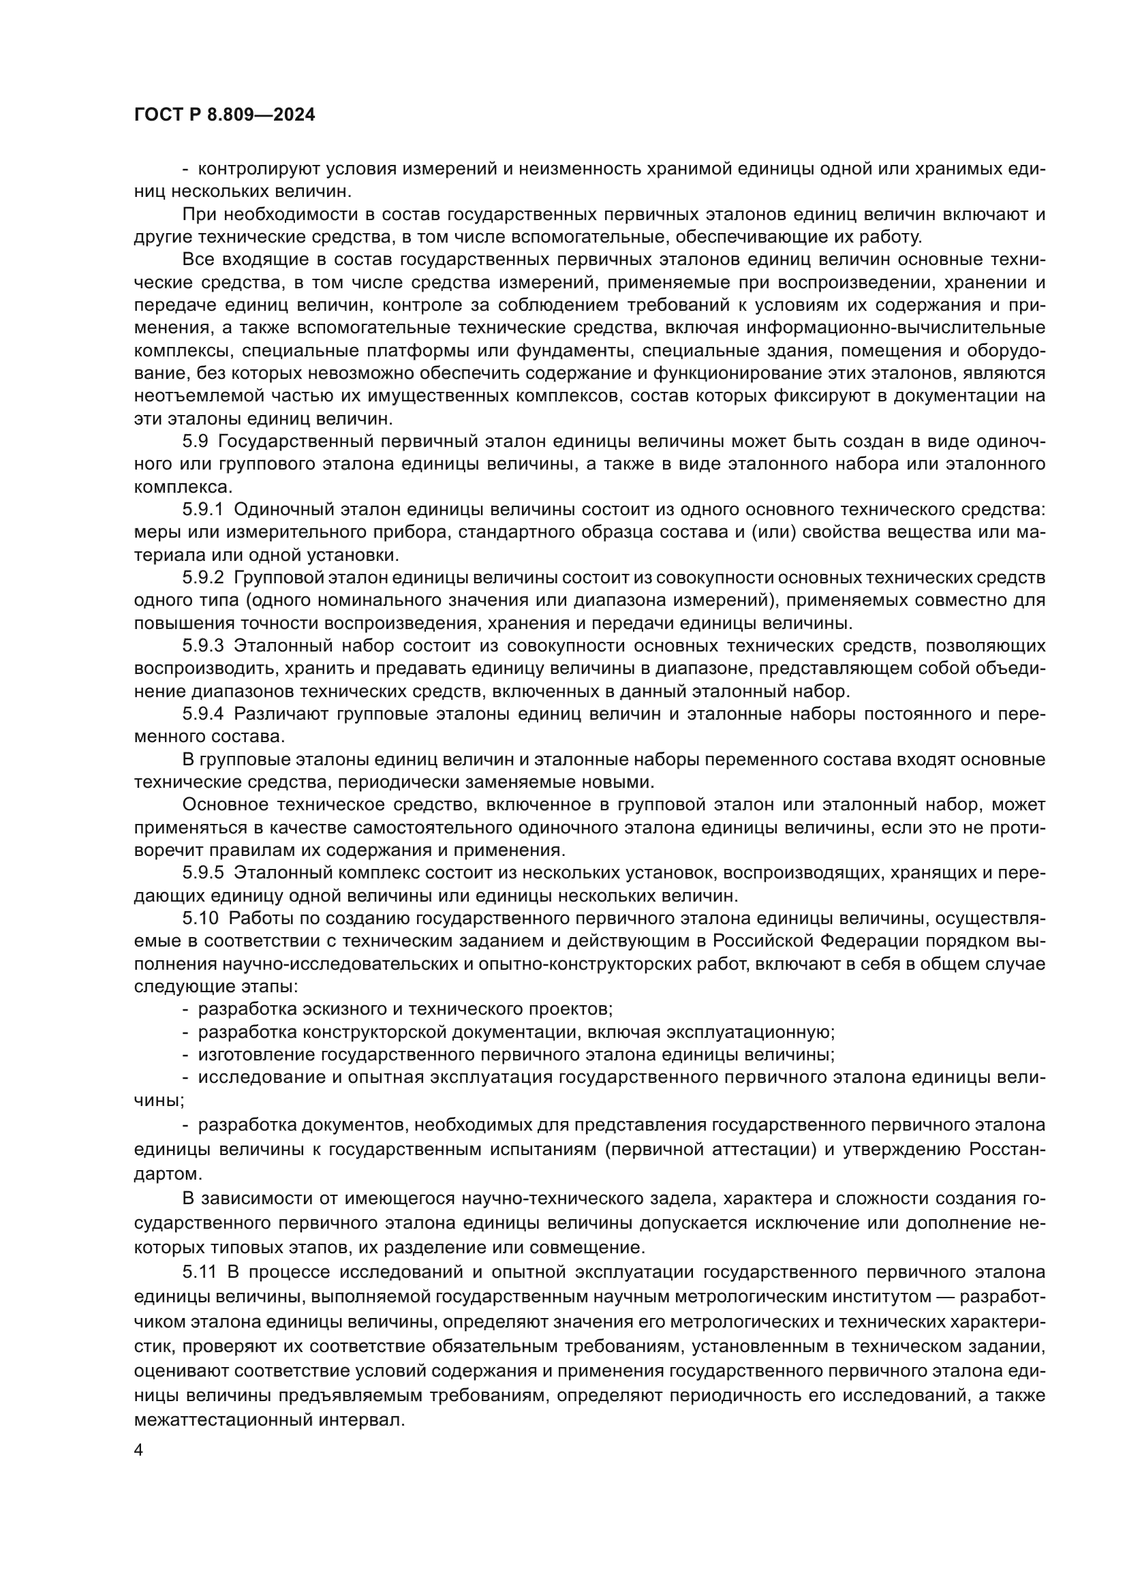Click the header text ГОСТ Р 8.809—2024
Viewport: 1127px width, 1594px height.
(224, 115)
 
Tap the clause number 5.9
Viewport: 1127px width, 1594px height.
(195, 442)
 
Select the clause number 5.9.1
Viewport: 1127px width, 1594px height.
(202, 510)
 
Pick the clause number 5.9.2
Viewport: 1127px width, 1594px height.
(202, 578)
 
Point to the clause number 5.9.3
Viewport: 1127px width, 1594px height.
(202, 645)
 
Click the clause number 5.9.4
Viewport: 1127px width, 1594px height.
(202, 714)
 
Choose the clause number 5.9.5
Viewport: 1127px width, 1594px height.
(202, 873)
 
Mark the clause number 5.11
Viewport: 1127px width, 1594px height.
(200, 1272)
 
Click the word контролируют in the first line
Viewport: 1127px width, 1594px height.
(257, 169)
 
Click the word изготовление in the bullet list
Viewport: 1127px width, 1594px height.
(254, 1055)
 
